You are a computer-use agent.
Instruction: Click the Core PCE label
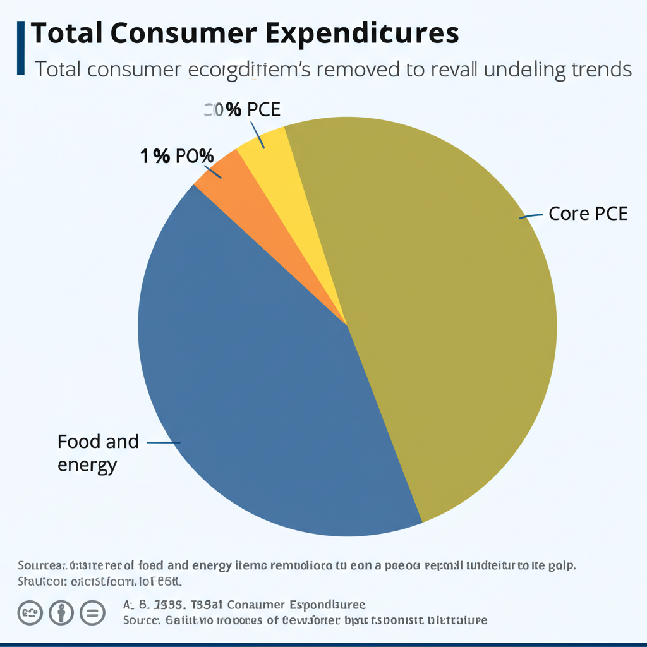pos(588,214)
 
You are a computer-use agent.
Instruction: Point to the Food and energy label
pos(97,452)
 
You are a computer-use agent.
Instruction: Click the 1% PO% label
pos(177,156)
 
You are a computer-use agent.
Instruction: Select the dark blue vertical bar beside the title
pos(21,47)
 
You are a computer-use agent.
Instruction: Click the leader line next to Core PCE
pos(531,216)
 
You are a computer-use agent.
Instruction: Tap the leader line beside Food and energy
pos(164,443)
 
